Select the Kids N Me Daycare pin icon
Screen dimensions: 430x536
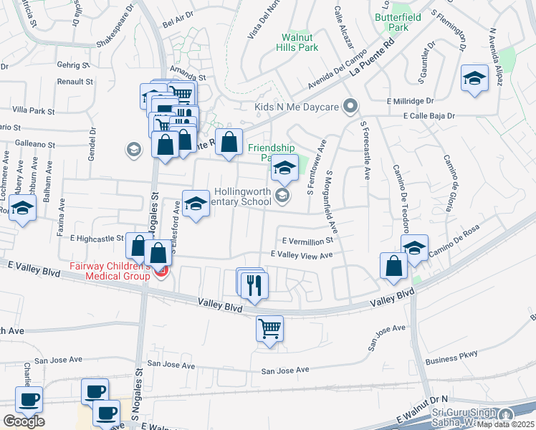click(x=350, y=107)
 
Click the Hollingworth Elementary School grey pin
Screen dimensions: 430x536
click(x=282, y=195)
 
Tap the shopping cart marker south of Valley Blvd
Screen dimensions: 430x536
click(x=269, y=329)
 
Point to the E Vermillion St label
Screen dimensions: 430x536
click(x=308, y=242)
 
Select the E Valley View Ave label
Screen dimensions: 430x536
click(x=302, y=255)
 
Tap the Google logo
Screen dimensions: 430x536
click(x=24, y=421)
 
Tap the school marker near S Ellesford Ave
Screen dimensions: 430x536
click(x=196, y=203)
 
